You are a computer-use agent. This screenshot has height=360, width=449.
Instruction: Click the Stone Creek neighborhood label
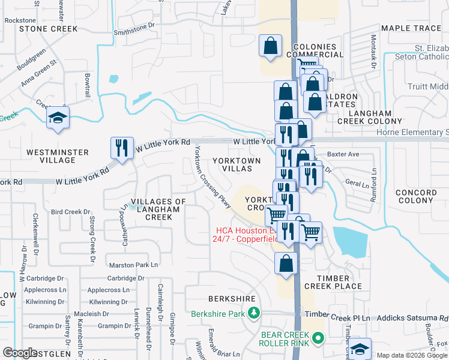[49, 28]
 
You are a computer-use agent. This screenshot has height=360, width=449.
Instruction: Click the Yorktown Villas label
[237, 165]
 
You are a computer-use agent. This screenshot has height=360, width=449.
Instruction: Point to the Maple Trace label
[411, 28]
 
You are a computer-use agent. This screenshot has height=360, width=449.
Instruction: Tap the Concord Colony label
[415, 196]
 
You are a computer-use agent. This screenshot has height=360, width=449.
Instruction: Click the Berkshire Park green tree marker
[254, 313]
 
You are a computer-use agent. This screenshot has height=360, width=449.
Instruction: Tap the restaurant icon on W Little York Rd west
[122, 148]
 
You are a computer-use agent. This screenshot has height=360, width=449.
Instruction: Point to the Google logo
[20, 353]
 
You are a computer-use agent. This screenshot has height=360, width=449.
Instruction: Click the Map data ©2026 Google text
[411, 355]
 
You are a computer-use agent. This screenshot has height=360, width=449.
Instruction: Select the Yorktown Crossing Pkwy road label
[212, 179]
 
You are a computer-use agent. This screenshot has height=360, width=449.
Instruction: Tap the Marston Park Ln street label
[133, 265]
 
